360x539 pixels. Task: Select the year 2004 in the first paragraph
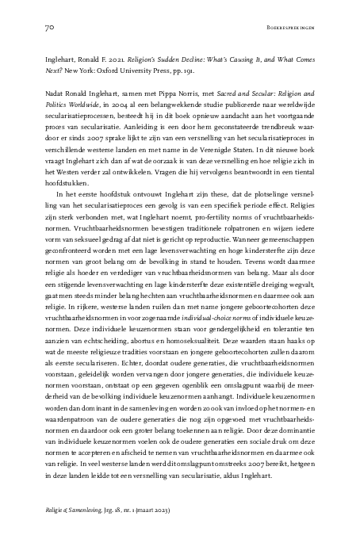[90, 128]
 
